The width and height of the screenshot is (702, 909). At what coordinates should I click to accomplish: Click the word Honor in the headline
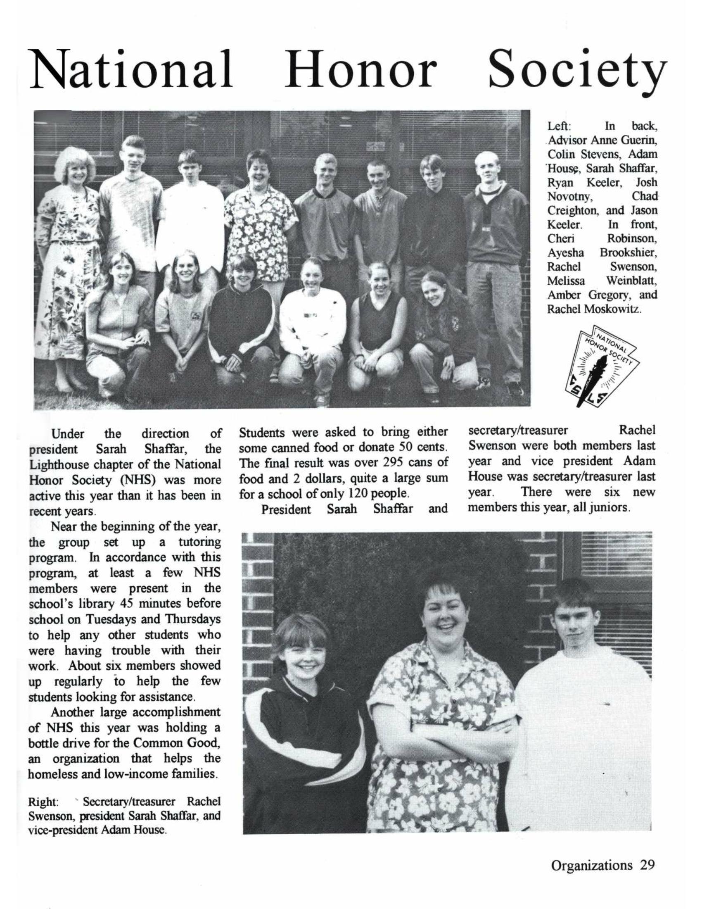pos(360,69)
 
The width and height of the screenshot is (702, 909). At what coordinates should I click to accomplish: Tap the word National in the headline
pos(131,69)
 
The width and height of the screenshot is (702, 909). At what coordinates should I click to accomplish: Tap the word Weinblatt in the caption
pos(631,281)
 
